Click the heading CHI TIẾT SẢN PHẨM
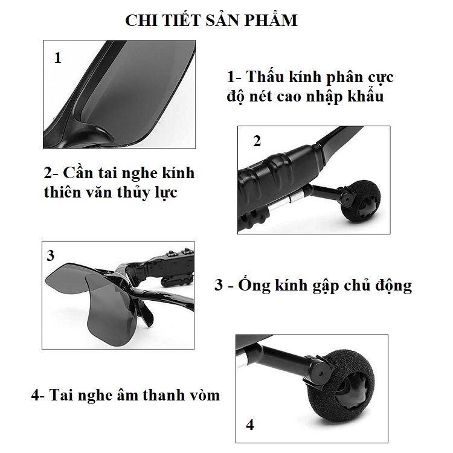[x=211, y=20]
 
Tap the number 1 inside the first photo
[x=58, y=57]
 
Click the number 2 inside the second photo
[x=257, y=141]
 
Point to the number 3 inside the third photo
[x=50, y=255]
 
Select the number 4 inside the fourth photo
[x=250, y=425]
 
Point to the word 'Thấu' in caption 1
[x=265, y=77]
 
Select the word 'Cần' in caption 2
[x=77, y=173]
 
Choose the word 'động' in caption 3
[x=393, y=286]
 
